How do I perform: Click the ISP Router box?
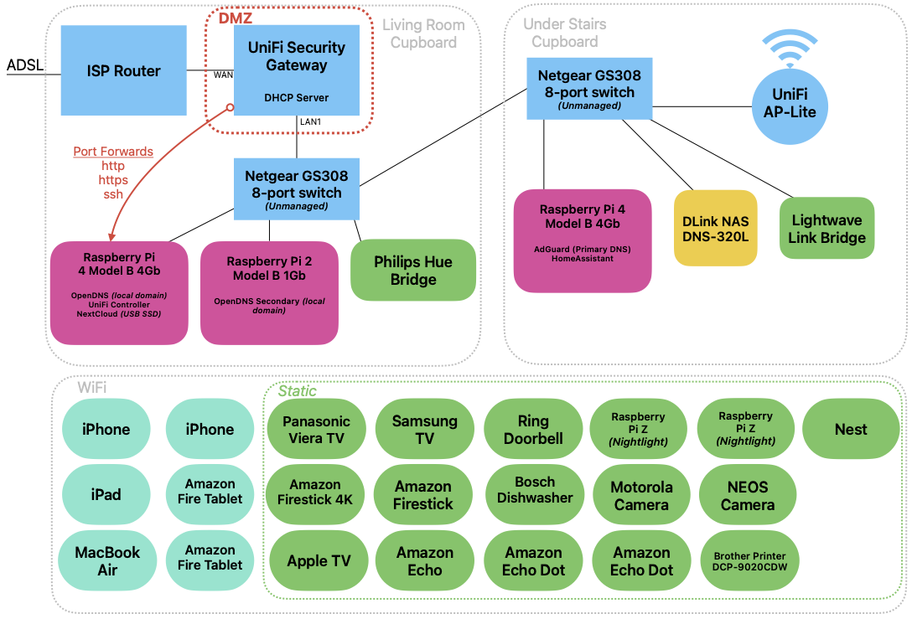(124, 70)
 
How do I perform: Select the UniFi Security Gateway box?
(296, 70)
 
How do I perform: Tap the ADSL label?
(24, 65)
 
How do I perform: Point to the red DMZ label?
(235, 18)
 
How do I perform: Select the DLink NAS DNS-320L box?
(715, 229)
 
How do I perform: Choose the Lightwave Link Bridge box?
(826, 229)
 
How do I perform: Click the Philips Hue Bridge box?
(412, 270)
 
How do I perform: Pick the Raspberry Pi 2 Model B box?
(269, 292)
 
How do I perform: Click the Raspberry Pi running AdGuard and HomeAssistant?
(582, 240)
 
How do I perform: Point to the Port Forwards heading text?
(113, 152)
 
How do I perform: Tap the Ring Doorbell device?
(533, 430)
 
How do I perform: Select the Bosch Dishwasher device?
(535, 490)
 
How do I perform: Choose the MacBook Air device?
(107, 561)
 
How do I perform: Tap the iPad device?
(106, 494)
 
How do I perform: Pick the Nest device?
(851, 430)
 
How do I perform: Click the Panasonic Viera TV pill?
(316, 430)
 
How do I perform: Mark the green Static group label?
(297, 391)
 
